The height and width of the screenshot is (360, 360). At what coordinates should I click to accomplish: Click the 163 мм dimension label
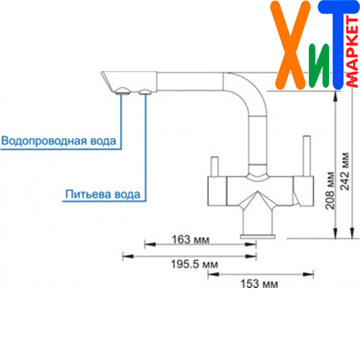(191, 240)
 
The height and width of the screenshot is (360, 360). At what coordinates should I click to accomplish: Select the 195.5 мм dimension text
(194, 264)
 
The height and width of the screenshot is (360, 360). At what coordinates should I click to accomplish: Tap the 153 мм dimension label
(259, 284)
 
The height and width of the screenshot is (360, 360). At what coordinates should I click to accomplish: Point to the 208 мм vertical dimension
(330, 191)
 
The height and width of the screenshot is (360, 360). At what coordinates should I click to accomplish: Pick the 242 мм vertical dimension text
(345, 171)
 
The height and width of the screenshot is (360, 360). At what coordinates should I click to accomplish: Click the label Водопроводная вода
(58, 141)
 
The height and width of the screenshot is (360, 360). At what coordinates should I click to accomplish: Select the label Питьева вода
(103, 194)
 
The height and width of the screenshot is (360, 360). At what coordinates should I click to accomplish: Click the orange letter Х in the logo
(291, 45)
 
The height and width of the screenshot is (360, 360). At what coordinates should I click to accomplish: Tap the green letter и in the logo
(319, 65)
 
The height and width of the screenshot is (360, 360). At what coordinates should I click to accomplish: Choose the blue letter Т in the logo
(338, 45)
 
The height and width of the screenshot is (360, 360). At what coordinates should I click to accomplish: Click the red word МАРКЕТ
(352, 52)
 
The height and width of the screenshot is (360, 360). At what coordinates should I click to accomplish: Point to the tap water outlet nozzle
(122, 91)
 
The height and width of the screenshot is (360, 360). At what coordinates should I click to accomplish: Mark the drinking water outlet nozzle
(145, 92)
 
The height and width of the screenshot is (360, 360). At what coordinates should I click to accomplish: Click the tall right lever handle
(307, 156)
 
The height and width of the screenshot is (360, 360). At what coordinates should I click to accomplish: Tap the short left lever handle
(215, 167)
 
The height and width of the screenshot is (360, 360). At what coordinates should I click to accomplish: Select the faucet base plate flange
(258, 236)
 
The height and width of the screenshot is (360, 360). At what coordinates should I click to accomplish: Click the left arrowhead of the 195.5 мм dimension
(128, 256)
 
